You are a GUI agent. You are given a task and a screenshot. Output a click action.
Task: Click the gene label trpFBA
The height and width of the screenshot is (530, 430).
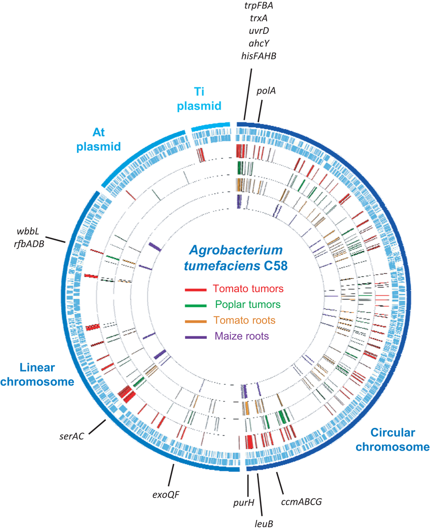point(259,7)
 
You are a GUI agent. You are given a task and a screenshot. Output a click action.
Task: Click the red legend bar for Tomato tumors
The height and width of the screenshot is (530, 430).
point(195,289)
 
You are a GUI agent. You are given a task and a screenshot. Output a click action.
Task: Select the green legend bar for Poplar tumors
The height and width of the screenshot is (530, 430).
point(195,305)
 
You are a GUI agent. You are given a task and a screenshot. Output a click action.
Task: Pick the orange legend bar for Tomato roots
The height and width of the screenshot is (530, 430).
point(195,321)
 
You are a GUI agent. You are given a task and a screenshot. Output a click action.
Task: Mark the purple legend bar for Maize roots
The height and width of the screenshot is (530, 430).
point(195,336)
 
